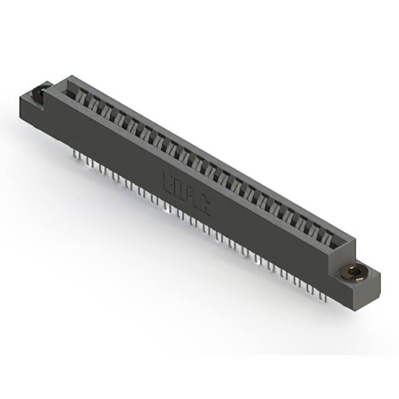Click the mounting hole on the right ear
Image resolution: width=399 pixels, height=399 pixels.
click(x=355, y=272)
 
